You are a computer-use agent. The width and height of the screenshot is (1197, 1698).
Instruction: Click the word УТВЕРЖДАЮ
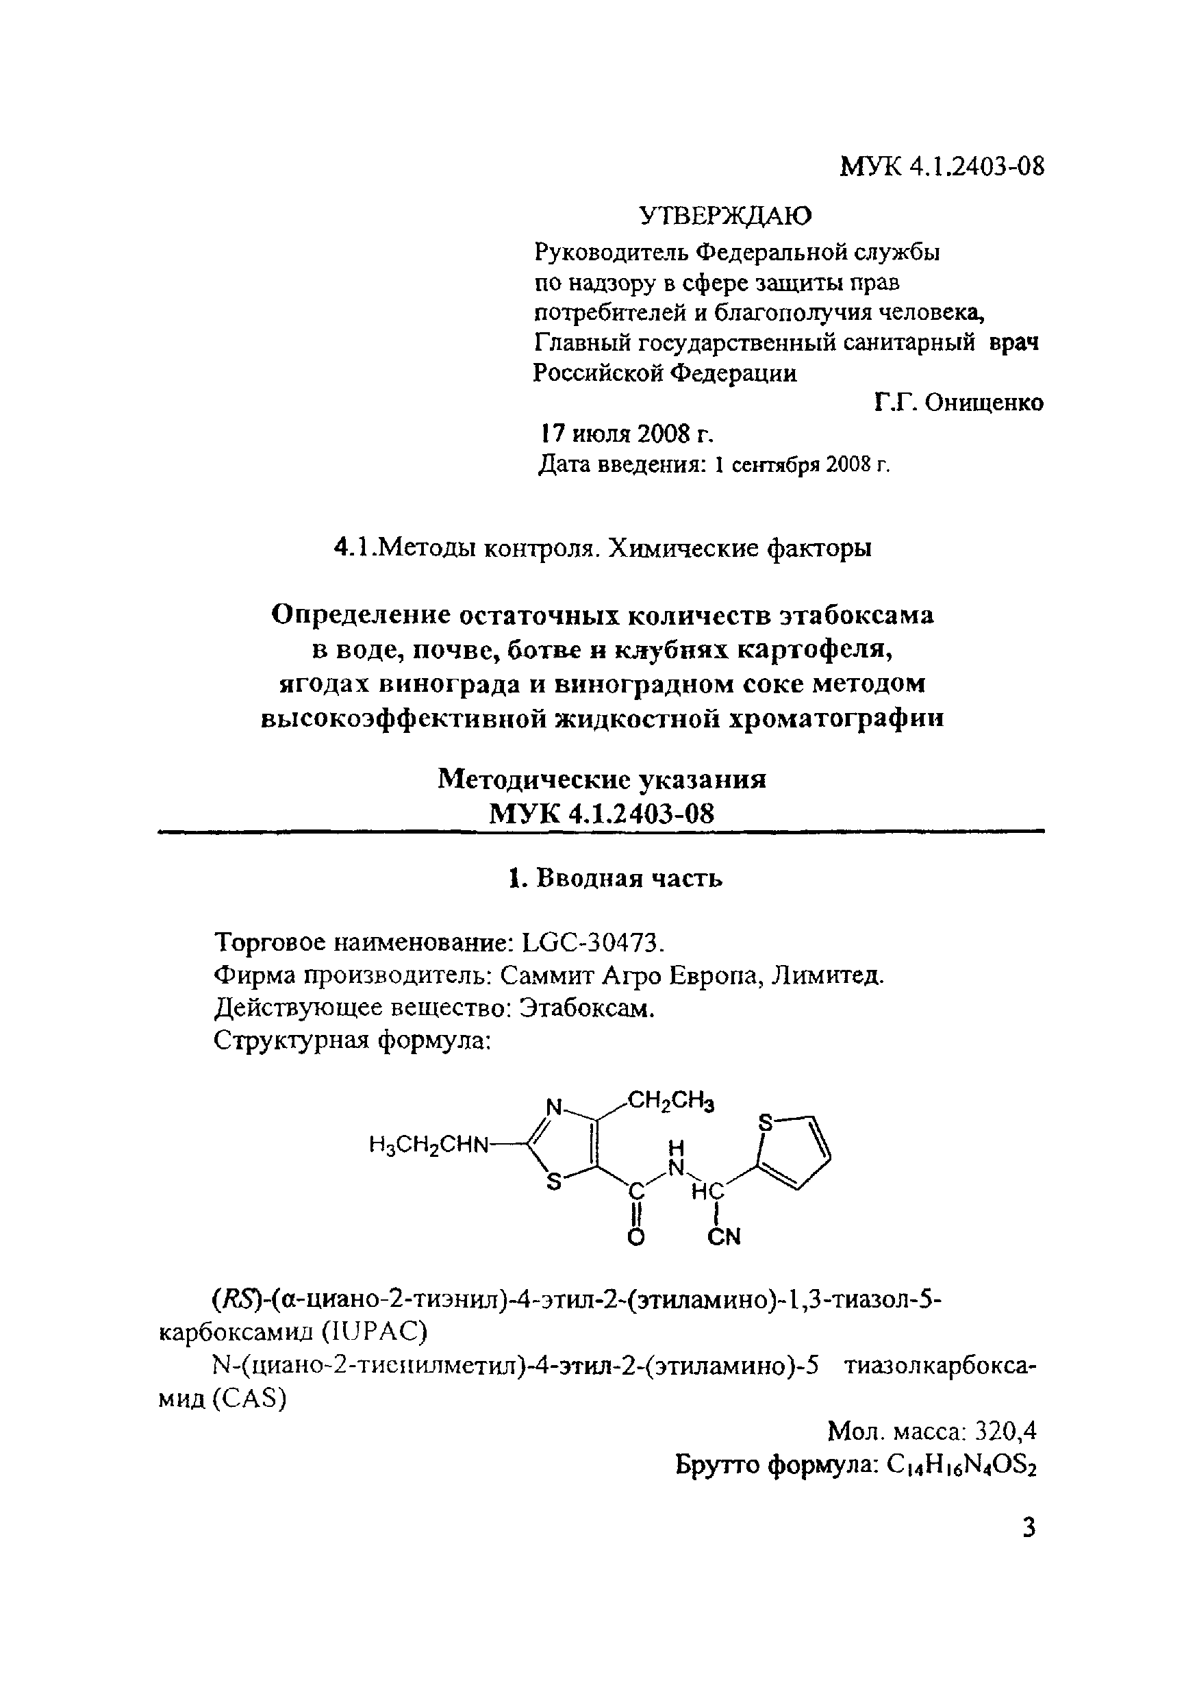[x=725, y=215]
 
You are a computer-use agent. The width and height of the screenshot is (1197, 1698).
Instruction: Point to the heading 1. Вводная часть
[x=615, y=879]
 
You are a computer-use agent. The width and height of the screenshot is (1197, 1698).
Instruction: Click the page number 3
[x=1029, y=1527]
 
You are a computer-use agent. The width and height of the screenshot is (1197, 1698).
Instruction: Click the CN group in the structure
[x=724, y=1236]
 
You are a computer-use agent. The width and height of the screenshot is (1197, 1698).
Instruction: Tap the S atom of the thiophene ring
[x=765, y=1123]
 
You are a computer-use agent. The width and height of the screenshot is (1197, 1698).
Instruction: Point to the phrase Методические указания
[x=602, y=779]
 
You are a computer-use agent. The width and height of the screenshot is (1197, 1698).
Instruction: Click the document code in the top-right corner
[x=943, y=166]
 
